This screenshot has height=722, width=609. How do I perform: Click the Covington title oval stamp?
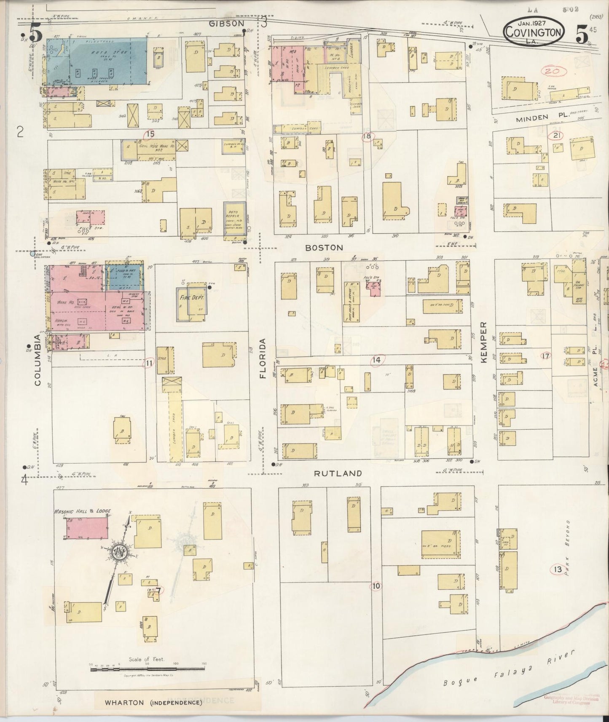(x=534, y=32)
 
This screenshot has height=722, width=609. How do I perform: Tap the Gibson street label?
(x=227, y=24)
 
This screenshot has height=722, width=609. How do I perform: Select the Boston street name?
(x=324, y=248)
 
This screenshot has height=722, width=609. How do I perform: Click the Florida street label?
(x=264, y=358)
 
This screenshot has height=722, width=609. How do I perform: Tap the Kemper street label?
(x=483, y=343)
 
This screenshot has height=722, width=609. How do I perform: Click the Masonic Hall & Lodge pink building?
(x=87, y=528)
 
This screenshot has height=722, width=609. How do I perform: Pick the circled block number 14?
(x=377, y=359)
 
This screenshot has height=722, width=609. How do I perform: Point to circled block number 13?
(x=558, y=570)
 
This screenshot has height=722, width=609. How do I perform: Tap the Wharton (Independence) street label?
(x=153, y=703)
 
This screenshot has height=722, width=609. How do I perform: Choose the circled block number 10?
(x=376, y=586)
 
